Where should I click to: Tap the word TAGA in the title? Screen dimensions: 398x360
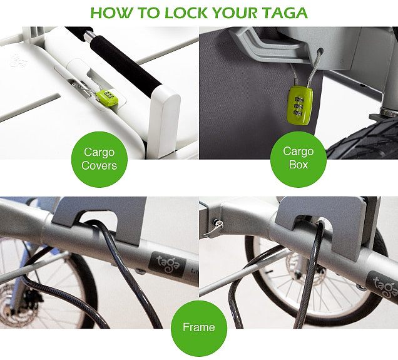(285, 13)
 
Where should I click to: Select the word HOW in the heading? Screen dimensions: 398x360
(111, 13)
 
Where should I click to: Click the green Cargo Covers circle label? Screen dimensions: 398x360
(99, 159)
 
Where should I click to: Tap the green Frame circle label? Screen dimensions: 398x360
(199, 328)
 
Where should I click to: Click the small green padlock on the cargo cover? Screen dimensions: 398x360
(107, 98)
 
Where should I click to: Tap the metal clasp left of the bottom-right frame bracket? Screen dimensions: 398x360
(214, 229)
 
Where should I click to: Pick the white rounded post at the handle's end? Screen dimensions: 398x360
(164, 120)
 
